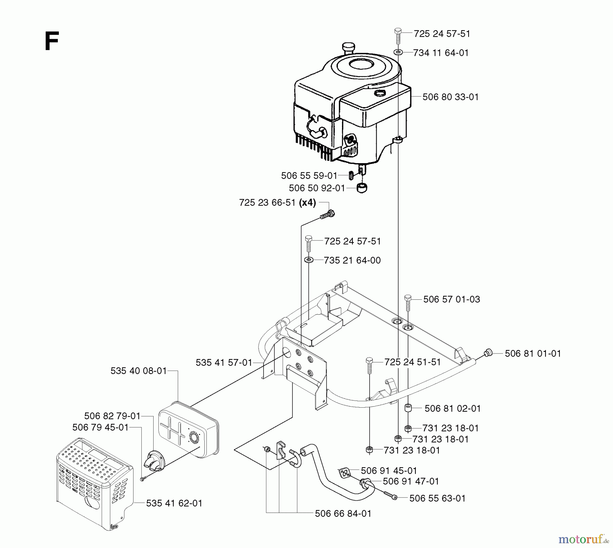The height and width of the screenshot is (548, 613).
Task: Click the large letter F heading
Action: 52,41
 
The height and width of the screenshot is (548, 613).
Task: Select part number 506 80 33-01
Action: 450,97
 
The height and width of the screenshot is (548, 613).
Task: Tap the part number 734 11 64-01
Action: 441,53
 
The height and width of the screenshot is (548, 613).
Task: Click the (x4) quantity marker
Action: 307,203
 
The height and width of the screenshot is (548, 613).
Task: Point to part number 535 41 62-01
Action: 174,503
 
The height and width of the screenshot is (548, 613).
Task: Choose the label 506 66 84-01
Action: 343,513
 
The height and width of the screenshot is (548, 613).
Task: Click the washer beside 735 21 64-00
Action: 309,260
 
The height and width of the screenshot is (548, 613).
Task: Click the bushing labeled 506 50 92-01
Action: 362,187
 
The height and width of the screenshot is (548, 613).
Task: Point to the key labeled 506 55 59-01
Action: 351,176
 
